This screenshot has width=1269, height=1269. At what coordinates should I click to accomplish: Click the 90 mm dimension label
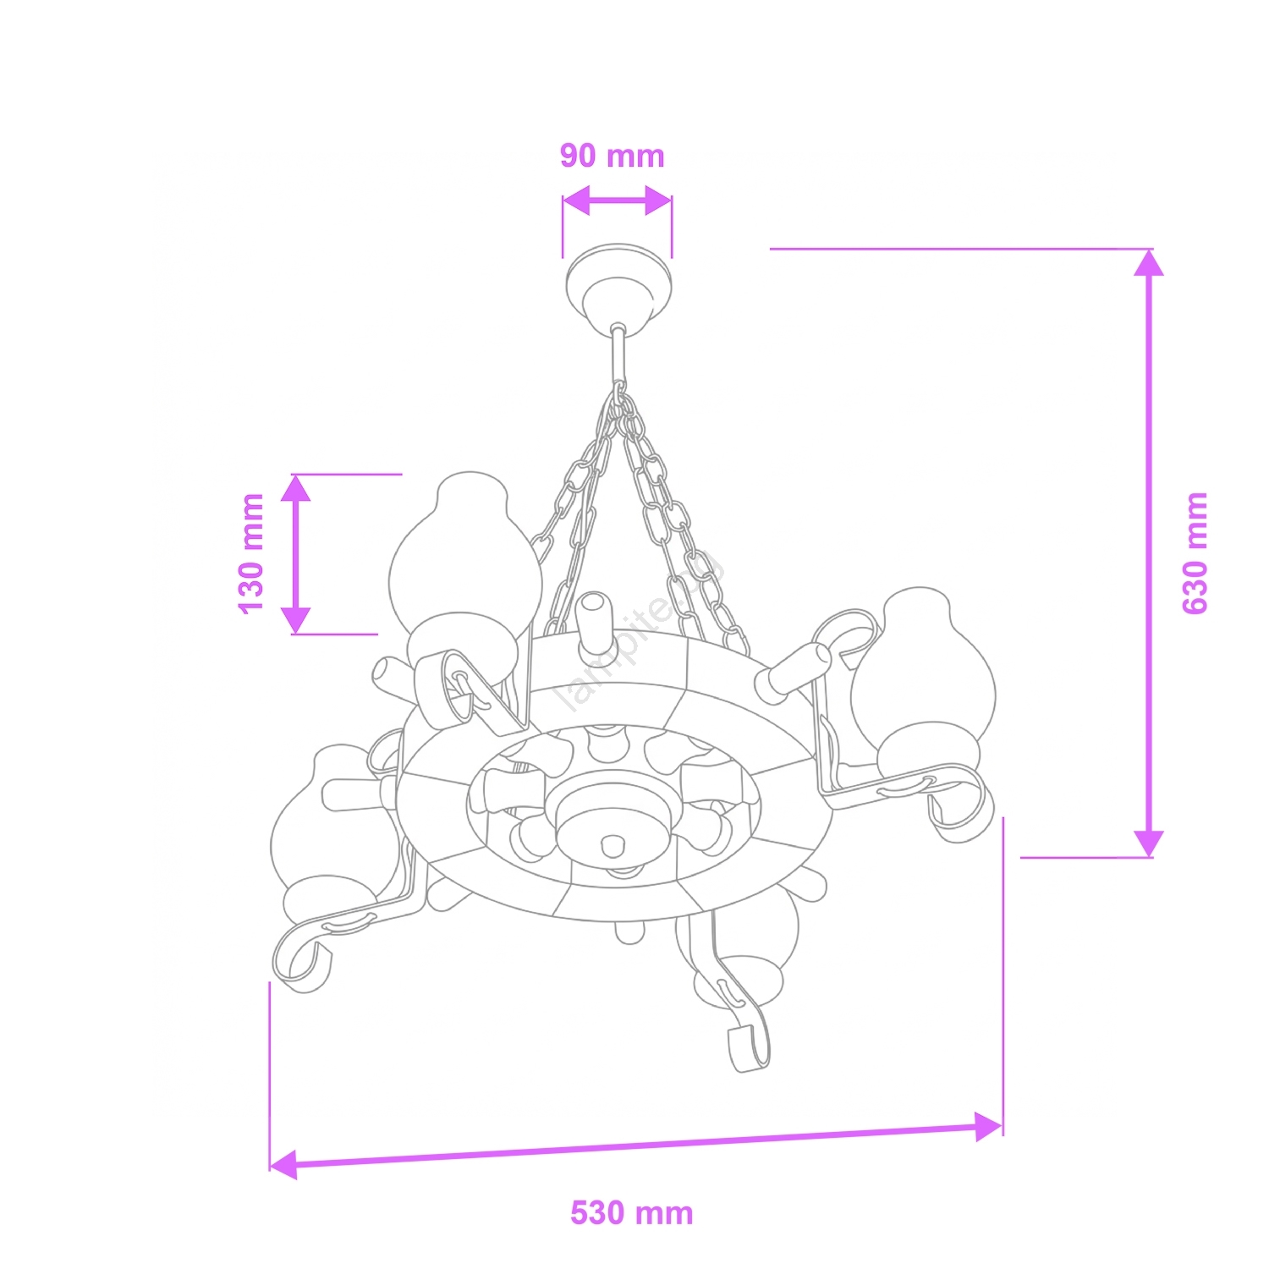click(x=613, y=156)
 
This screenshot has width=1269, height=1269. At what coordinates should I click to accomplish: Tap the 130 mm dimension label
click(x=252, y=553)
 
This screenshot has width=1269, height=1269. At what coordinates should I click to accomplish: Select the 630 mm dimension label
click(x=1195, y=552)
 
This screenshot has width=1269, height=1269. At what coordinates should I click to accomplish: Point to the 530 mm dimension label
click(x=632, y=1212)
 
